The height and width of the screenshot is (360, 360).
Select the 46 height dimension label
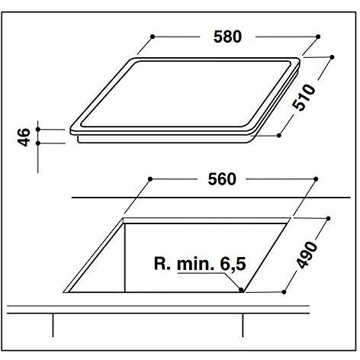tap(24, 137)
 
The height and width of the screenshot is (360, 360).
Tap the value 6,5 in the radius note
tap(236, 265)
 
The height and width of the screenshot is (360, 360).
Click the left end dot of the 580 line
tap(154, 36)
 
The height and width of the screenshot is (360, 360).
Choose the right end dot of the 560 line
tap(315, 178)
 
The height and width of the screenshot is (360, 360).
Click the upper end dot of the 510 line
tap(333, 56)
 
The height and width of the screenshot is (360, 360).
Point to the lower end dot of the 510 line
tap(280, 136)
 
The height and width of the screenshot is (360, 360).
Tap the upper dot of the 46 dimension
tap(38, 130)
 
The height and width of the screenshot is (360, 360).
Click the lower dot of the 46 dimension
tap(38, 144)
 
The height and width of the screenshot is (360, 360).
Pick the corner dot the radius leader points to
tap(242, 291)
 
